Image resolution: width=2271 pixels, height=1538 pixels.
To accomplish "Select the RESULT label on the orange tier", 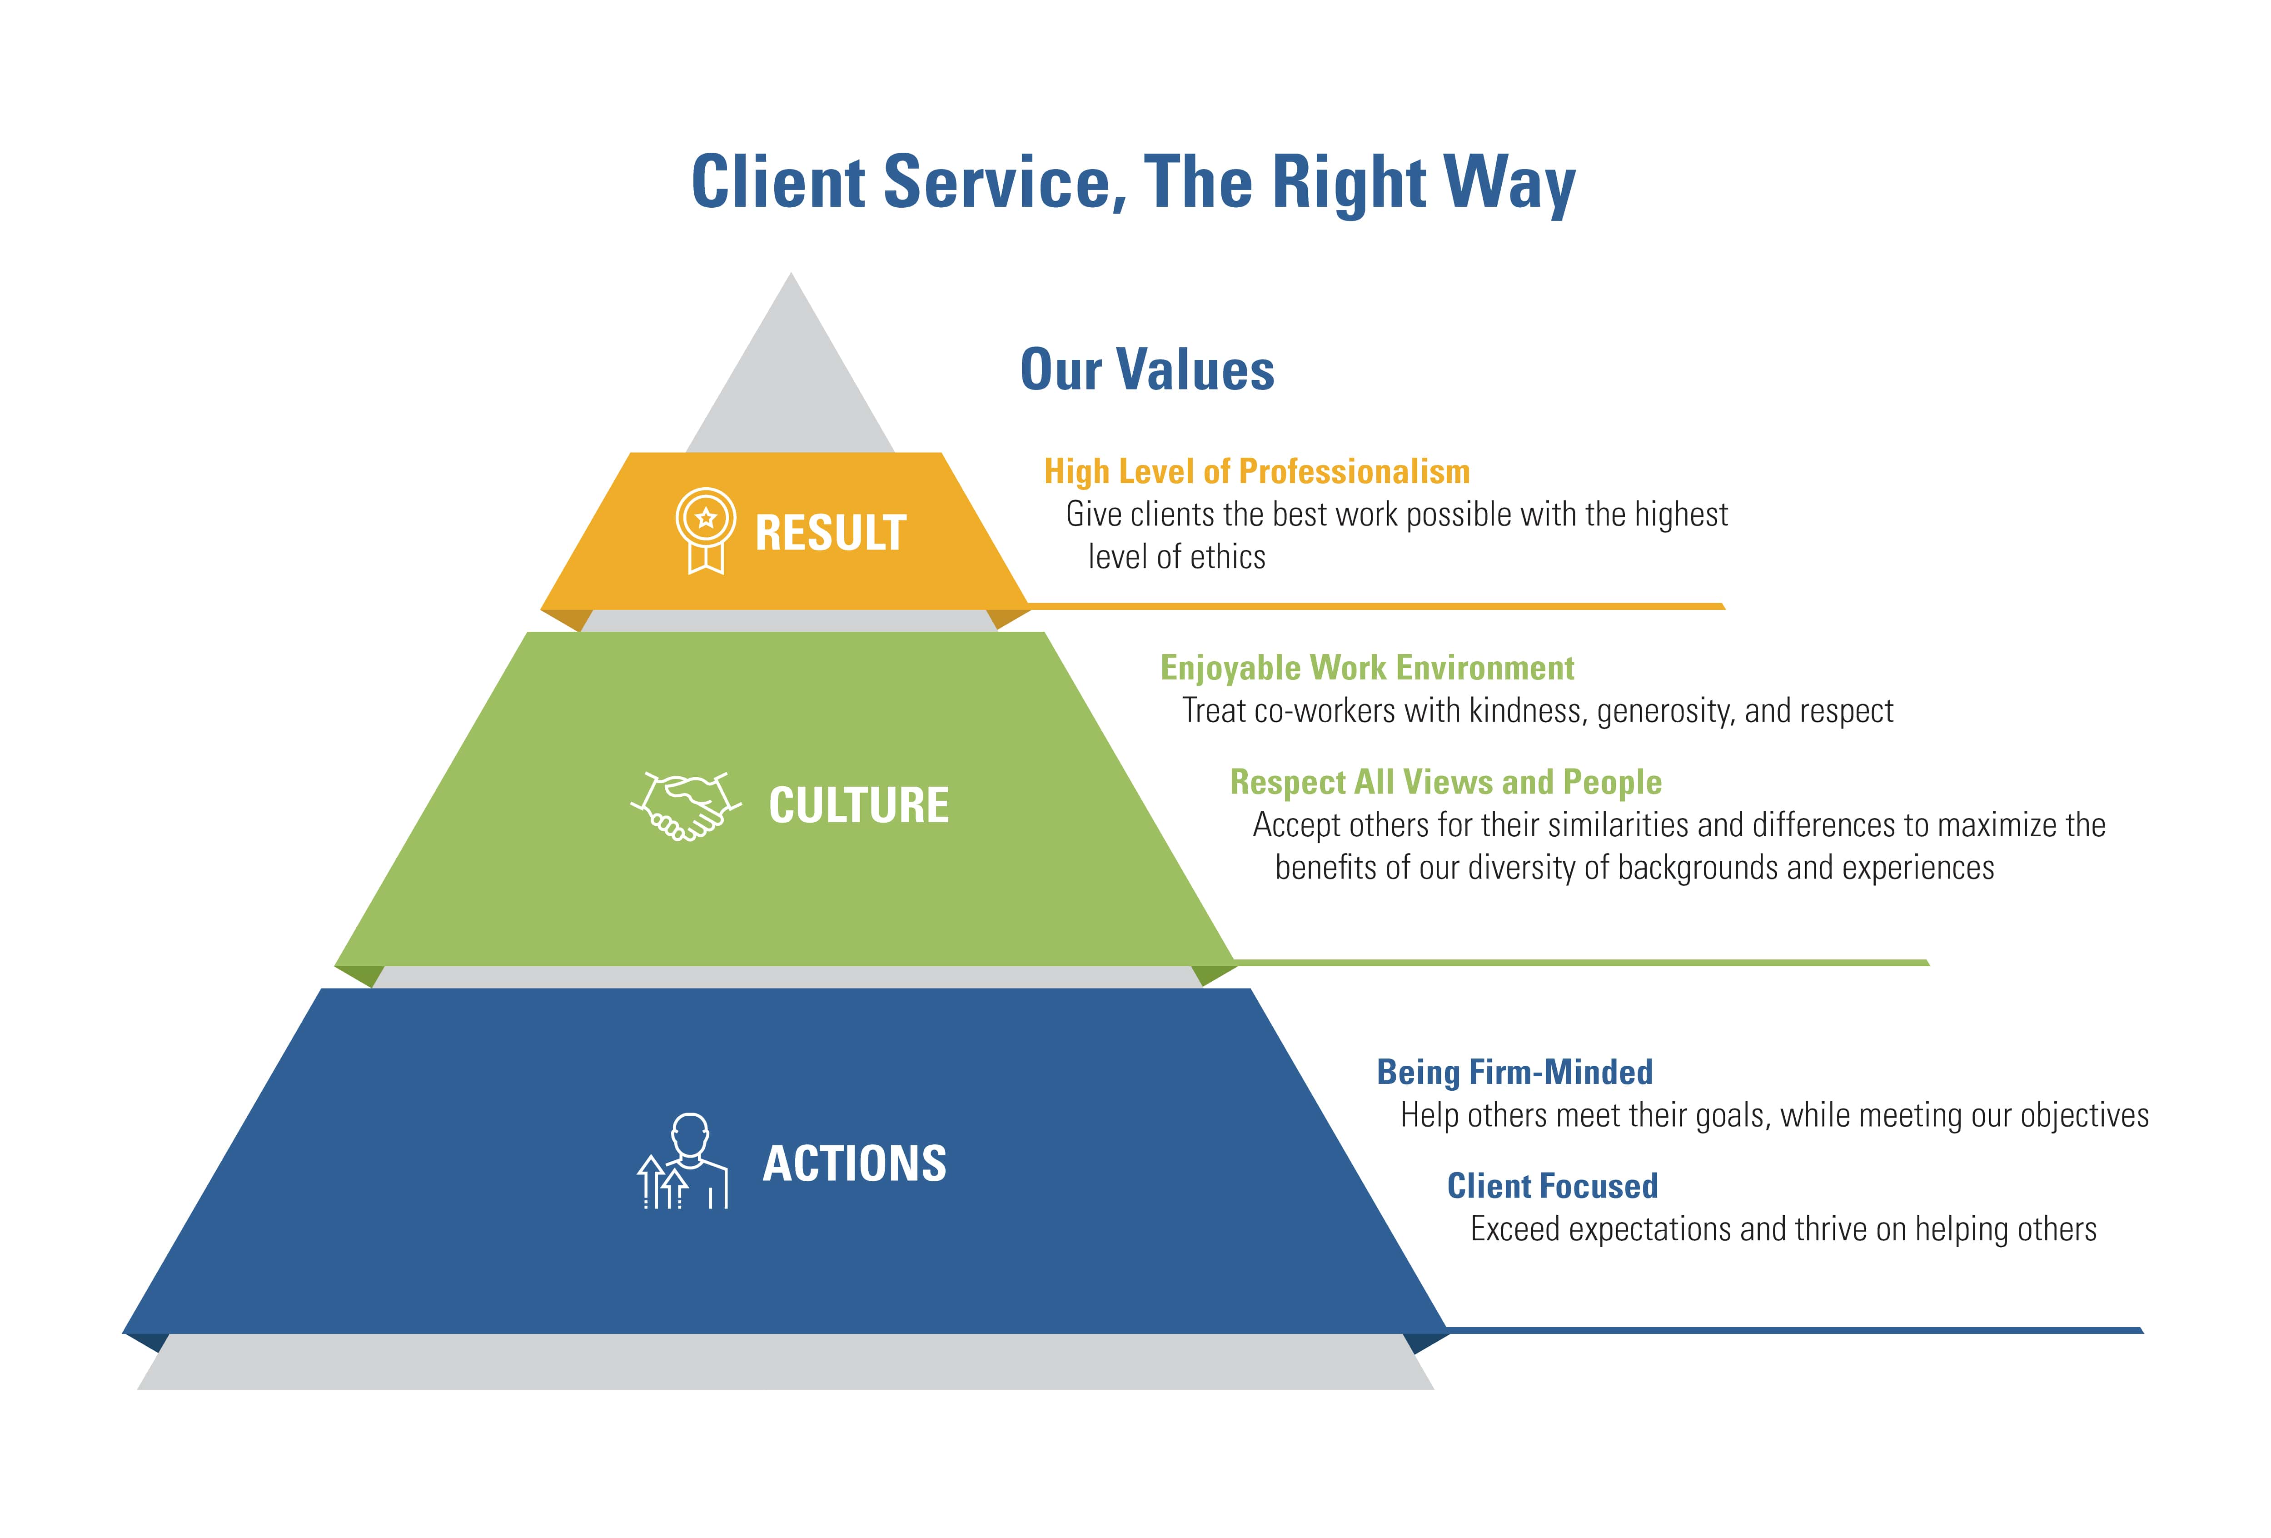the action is pos(831,534).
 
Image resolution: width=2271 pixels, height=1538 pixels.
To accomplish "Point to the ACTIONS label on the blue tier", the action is pos(855,1164).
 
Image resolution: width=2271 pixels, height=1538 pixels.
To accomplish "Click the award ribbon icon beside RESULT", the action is pos(706,530).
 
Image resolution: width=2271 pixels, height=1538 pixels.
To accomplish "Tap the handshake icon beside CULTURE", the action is pos(686,806).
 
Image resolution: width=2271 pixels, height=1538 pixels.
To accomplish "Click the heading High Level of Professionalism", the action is pos(1257,472).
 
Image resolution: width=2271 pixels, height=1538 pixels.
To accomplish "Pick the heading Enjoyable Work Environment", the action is pos(1367,669).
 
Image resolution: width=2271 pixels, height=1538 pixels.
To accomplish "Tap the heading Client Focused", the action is pos(1553,1186).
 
